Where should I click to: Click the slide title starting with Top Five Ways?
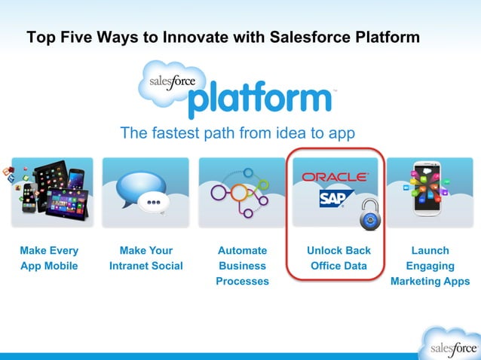(223, 37)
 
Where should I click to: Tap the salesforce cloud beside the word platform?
(167, 83)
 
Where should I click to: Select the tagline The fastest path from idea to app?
(237, 133)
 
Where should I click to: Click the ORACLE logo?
(335, 177)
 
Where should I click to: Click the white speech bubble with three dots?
(154, 203)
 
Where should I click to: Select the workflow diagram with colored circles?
(241, 193)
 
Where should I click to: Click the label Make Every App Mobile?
(49, 258)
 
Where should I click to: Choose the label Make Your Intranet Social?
(146, 258)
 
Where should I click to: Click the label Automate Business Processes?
(242, 265)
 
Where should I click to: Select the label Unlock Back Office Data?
(339, 258)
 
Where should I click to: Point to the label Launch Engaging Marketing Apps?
(430, 265)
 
